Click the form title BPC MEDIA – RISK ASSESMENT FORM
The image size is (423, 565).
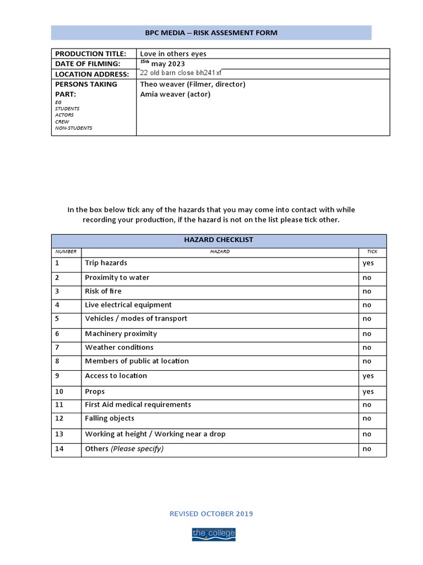(x=211, y=33)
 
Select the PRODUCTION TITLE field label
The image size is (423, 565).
(x=90, y=54)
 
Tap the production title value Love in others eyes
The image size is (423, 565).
(x=173, y=54)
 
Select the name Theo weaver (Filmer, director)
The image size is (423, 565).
(x=192, y=84)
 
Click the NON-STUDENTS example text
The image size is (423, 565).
(x=73, y=128)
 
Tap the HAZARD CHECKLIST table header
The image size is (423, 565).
(x=219, y=240)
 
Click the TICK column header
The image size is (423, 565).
(x=372, y=252)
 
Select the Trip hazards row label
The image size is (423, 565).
(x=106, y=263)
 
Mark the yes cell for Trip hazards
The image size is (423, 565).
(x=368, y=263)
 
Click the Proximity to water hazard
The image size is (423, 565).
(x=117, y=278)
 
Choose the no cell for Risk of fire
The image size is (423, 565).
(x=367, y=291)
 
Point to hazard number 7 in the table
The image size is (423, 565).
(x=57, y=347)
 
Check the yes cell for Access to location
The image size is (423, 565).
(x=368, y=376)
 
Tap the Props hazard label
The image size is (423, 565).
(x=95, y=391)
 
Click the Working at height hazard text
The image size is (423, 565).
(x=155, y=434)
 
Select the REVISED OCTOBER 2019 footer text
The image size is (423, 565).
(x=211, y=514)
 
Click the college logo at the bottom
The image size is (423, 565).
(x=213, y=534)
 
